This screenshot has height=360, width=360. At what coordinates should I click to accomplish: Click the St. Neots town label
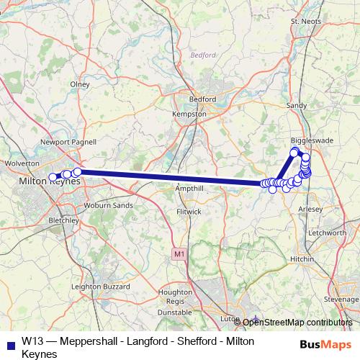(x=304, y=22)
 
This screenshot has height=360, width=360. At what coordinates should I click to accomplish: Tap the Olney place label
(x=79, y=84)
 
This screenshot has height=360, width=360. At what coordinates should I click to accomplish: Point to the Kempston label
(x=189, y=114)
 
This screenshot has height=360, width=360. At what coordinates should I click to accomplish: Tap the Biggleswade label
(x=310, y=140)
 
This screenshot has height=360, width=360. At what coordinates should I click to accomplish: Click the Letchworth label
(x=326, y=233)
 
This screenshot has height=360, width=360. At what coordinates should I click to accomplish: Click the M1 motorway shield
(x=178, y=254)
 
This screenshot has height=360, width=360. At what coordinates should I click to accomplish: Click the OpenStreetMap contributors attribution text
(x=297, y=322)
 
